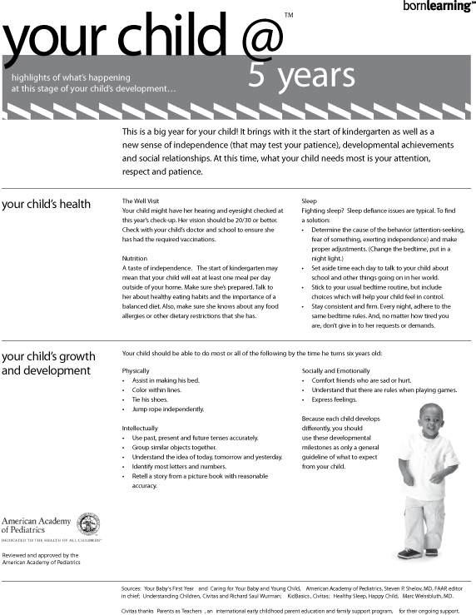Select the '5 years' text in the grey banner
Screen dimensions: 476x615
click(290, 76)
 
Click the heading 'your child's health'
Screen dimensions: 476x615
click(47, 204)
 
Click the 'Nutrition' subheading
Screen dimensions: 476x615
click(134, 259)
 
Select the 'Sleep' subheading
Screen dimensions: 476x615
click(309, 201)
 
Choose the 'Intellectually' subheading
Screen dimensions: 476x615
click(140, 428)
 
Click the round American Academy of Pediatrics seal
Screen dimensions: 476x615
click(88, 523)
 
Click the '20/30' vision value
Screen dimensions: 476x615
click(243, 221)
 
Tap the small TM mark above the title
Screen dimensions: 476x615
click(288, 15)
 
